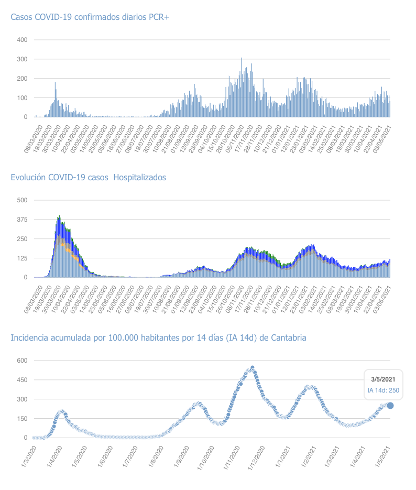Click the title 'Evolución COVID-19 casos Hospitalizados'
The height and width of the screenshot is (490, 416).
pyautogui.click(x=88, y=178)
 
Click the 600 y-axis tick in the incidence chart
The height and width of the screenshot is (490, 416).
pyautogui.click(x=21, y=361)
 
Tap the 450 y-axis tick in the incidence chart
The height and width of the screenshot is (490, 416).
pyautogui.click(x=21, y=380)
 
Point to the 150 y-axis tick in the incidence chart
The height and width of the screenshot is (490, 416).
pyautogui.click(x=21, y=419)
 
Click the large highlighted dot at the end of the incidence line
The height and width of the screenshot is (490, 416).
pyautogui.click(x=390, y=406)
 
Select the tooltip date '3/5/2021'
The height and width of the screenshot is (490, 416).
pyautogui.click(x=382, y=379)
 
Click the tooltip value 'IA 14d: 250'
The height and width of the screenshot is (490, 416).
pyautogui.click(x=382, y=390)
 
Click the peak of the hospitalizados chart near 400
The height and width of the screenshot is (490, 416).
pyautogui.click(x=59, y=216)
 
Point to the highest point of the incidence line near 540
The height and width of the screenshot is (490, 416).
pyautogui.click(x=253, y=368)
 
